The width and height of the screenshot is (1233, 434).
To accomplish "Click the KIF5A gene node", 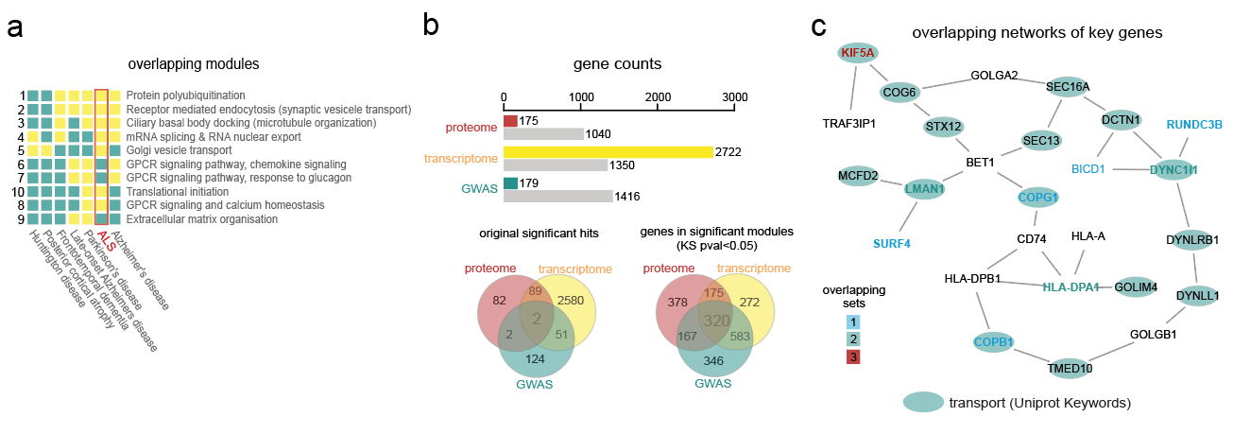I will point(857,52).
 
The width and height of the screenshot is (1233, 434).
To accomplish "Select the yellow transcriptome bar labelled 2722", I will point(608,152).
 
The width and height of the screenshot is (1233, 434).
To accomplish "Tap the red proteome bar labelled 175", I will point(510,121).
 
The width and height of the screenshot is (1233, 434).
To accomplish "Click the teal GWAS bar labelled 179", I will point(510,183).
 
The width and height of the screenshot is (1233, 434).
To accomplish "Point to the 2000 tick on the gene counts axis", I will point(658,97).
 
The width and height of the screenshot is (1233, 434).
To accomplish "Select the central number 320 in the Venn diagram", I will point(715,321).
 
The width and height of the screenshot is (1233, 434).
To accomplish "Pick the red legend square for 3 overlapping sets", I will point(854,356).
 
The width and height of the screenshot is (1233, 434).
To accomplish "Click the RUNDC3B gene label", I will point(1194,125).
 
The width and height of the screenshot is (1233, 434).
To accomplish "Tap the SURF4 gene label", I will point(891,243).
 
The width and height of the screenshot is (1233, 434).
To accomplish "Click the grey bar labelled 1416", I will point(558,196).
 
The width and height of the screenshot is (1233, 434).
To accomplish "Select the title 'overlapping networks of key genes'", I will point(1036,33).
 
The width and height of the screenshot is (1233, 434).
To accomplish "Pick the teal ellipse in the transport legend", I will point(923,403).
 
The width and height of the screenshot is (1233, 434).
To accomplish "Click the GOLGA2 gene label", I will point(994,76).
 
